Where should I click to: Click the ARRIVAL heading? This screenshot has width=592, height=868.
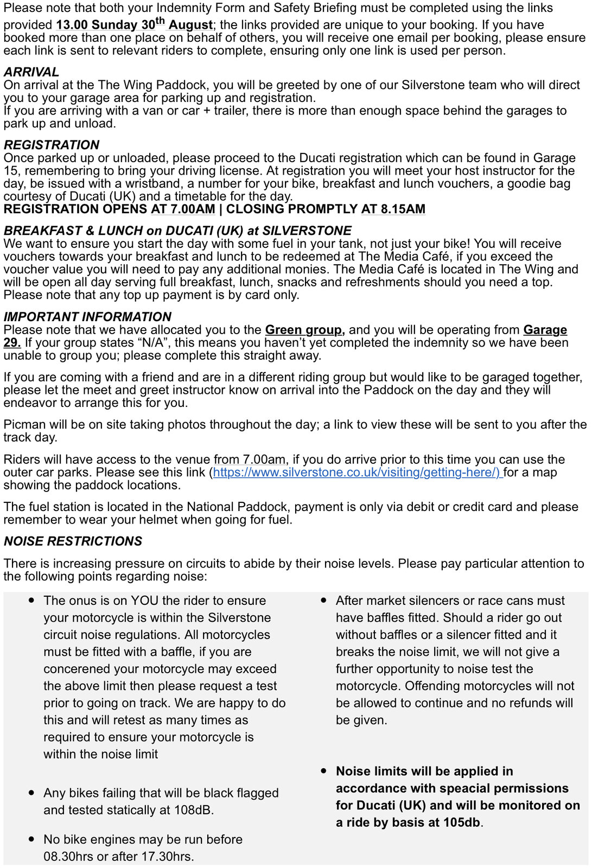pyautogui.click(x=31, y=72)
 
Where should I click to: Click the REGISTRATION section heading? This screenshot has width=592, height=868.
pyautogui.click(x=52, y=145)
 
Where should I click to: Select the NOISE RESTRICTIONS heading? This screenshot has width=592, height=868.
pyautogui.click(x=73, y=541)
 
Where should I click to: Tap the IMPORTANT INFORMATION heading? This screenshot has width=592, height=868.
pyautogui.click(x=87, y=316)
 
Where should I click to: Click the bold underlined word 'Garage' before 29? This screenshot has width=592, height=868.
pyautogui.click(x=545, y=330)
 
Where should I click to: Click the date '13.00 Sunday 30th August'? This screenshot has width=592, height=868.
pyautogui.click(x=134, y=25)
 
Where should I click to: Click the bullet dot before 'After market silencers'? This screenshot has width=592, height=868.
pyautogui.click(x=324, y=601)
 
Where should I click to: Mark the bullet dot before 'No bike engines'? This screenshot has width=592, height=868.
pyautogui.click(x=32, y=839)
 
